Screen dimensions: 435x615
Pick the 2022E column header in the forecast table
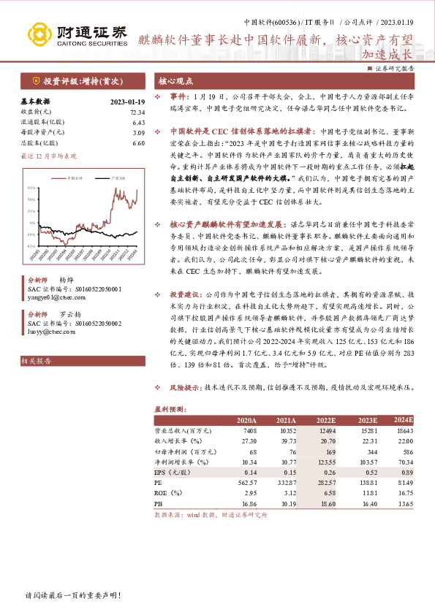(x=326, y=420)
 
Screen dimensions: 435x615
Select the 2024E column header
(x=402, y=420)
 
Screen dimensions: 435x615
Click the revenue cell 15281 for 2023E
(x=368, y=431)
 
